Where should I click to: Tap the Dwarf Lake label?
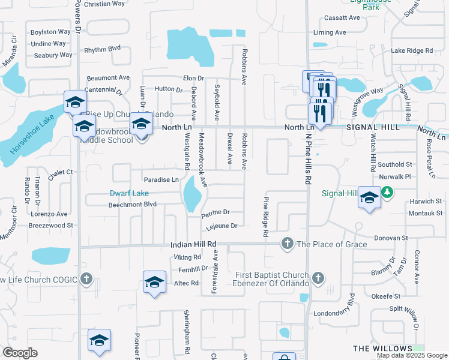pyautogui.click(x=128, y=193)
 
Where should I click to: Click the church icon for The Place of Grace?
pyautogui.click(x=288, y=244)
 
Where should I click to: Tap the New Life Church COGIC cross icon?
pyautogui.click(x=86, y=279)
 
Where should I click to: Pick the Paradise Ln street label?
pyautogui.click(x=161, y=180)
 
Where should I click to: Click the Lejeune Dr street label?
pyautogui.click(x=222, y=226)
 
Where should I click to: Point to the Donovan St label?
pyautogui.click(x=391, y=238)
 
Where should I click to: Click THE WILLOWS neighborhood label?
pyautogui.click(x=382, y=349)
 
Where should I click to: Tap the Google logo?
pyautogui.click(x=19, y=353)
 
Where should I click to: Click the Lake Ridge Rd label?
pyautogui.click(x=412, y=51)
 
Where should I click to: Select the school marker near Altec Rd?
pyautogui.click(x=154, y=282)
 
